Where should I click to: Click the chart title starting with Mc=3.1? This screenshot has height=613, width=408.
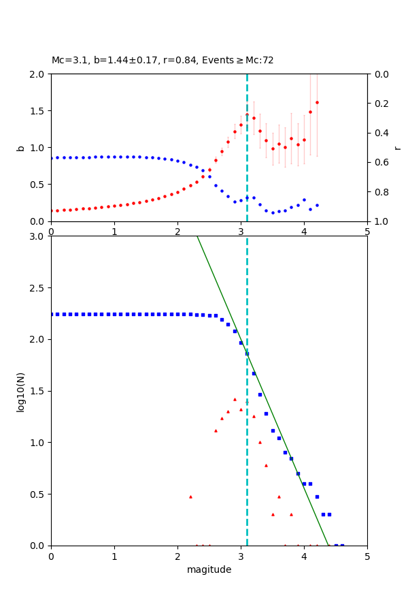point(163,61)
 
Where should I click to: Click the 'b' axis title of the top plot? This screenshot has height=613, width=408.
point(20,148)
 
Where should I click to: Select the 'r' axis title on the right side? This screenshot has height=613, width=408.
point(397,148)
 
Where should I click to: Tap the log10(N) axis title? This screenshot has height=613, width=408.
point(20,391)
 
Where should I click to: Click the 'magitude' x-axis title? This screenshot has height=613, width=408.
point(209,569)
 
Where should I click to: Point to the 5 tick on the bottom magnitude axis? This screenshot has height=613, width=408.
point(367,555)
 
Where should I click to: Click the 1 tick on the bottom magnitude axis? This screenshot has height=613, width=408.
point(114,555)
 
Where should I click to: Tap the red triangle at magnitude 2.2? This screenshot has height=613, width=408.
point(190,497)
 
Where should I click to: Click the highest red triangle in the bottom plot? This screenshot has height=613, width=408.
point(235,399)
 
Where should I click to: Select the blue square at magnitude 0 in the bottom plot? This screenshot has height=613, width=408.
point(51,314)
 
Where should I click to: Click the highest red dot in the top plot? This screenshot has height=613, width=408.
point(317,102)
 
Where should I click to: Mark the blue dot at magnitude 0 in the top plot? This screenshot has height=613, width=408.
point(51,158)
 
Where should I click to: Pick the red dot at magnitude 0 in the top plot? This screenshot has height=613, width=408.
point(51,211)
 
